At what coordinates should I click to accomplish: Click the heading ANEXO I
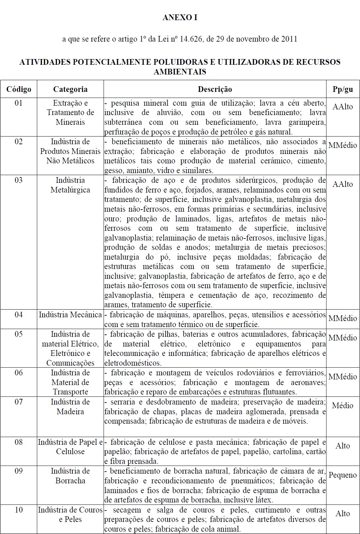point(180,17)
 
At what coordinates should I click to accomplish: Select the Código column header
point(19,89)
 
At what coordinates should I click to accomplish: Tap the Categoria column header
point(70,89)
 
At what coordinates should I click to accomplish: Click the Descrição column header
point(215,89)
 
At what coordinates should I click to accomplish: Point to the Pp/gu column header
point(343,89)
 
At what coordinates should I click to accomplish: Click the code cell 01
point(19,103)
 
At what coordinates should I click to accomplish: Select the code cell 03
point(19,180)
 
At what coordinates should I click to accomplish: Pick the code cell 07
point(19,402)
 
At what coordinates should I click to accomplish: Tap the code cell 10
point(19,510)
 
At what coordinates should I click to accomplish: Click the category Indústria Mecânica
point(70,315)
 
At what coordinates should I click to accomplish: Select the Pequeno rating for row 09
point(343,475)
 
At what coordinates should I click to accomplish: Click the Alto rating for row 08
point(343,446)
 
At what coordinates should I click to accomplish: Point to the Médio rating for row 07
point(343,406)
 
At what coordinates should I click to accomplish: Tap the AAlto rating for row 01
point(343,107)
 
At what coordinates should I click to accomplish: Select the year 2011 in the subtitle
point(289,39)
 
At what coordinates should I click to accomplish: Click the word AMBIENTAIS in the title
point(180,71)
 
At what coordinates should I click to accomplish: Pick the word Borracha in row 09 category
point(70,481)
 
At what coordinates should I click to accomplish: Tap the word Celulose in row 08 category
point(70,451)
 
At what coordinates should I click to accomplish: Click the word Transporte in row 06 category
point(70,392)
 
